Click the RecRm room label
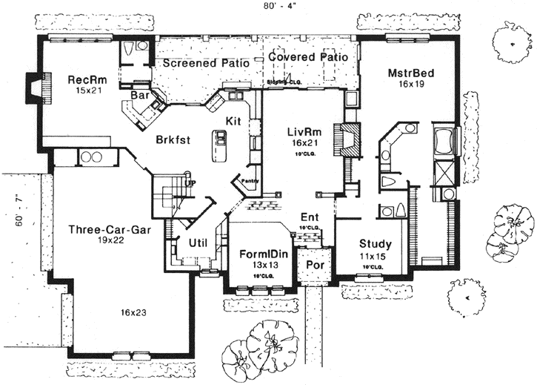[x=84, y=79]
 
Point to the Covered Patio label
[x=308, y=56]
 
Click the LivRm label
[x=303, y=132]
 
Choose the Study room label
[x=376, y=244]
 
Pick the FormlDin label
[x=259, y=254]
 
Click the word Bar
[x=140, y=96]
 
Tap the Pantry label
[x=248, y=179]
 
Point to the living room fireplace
[x=346, y=139]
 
